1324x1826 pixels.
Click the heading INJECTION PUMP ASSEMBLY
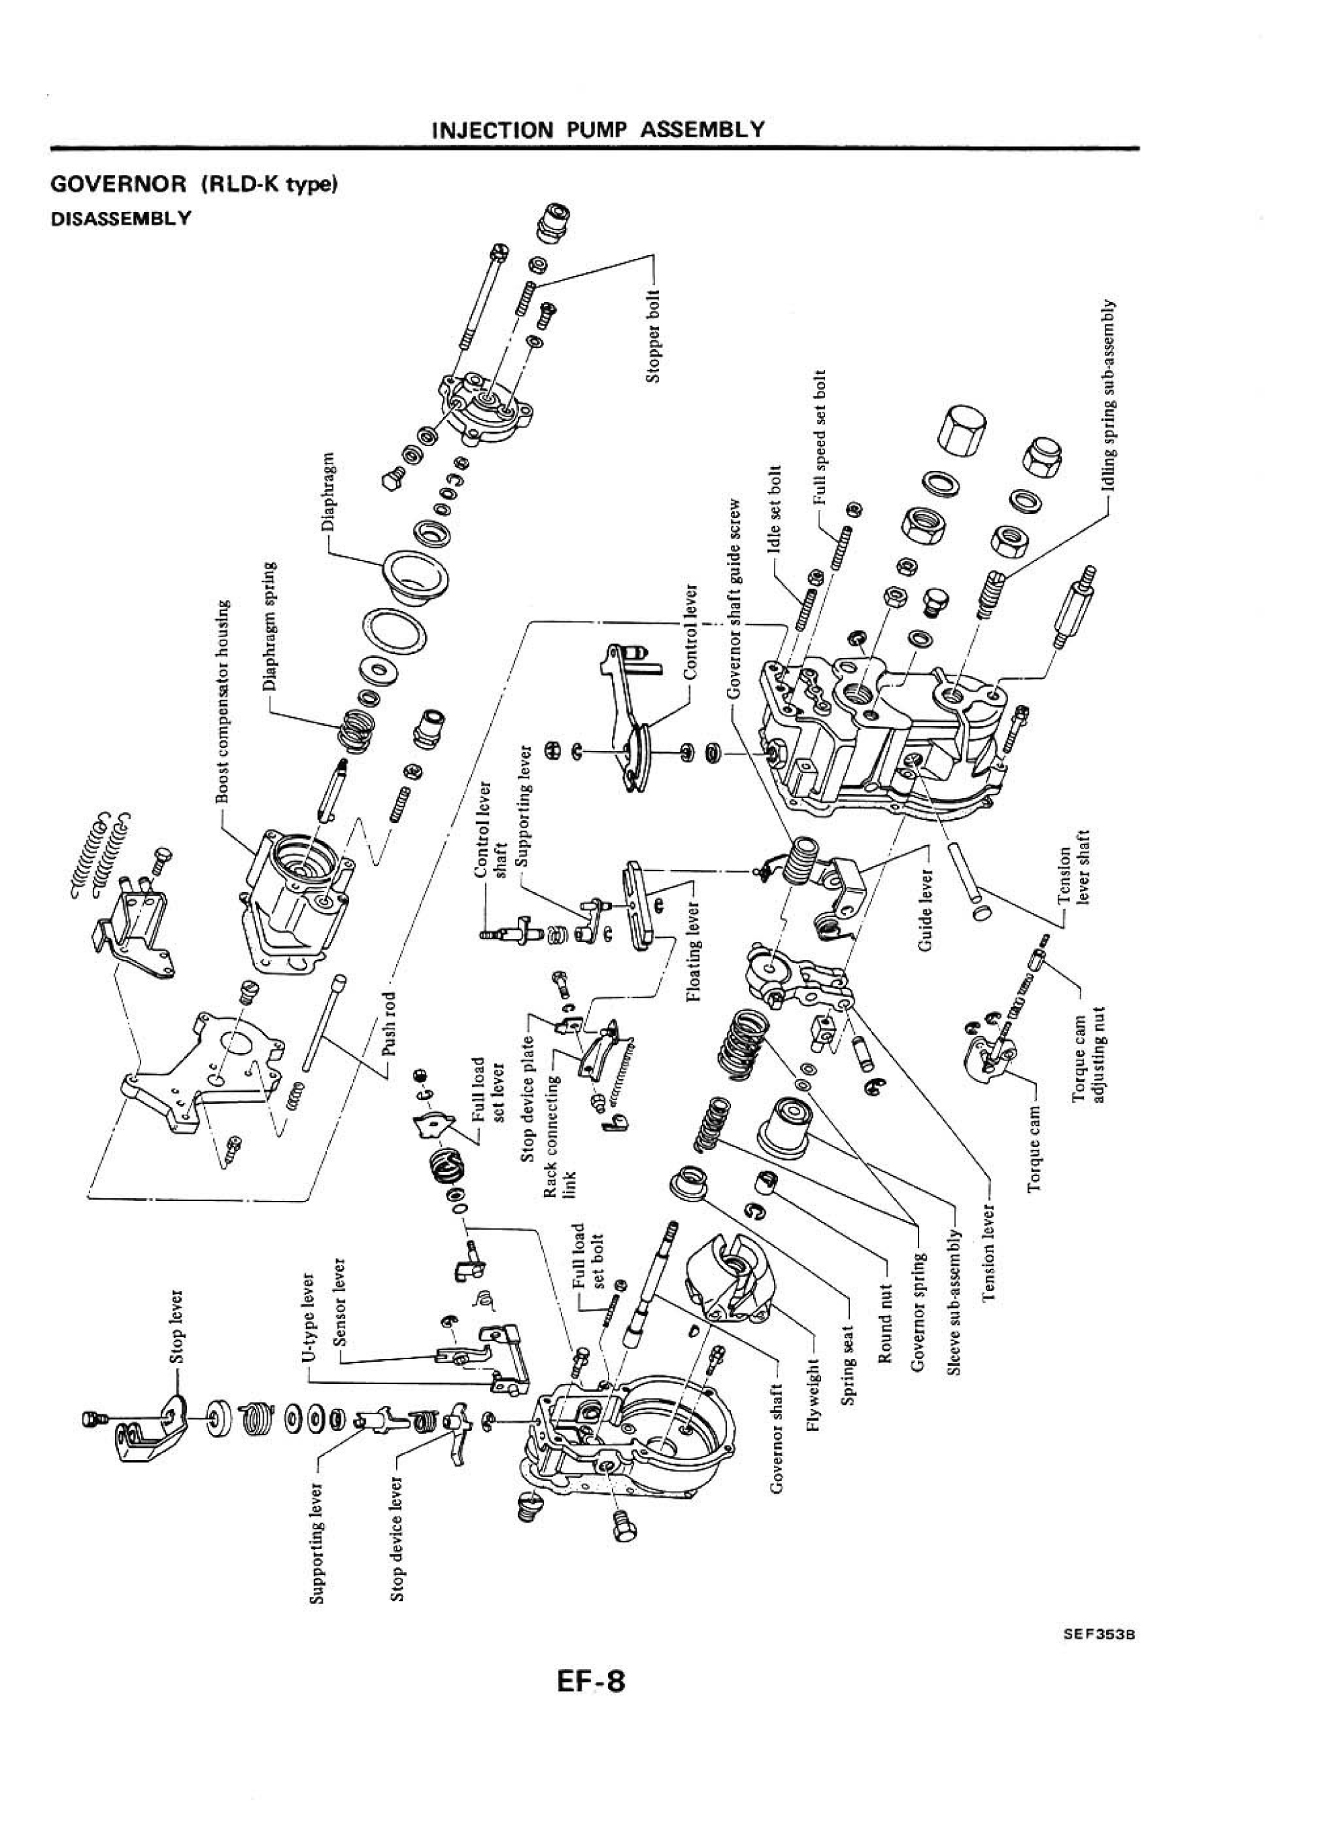pos(597,129)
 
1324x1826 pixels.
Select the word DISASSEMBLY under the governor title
pos(121,218)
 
